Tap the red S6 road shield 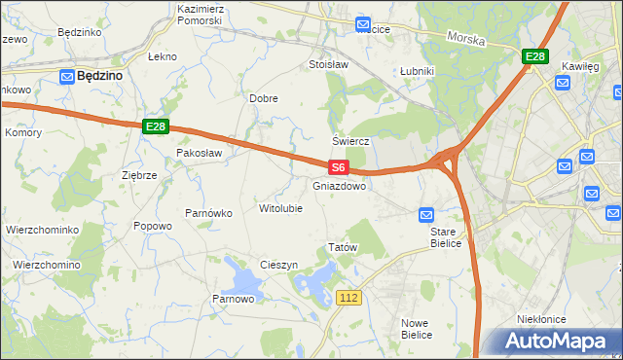pos(338,167)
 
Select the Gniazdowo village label pos(340,185)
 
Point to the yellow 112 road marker pos(351,296)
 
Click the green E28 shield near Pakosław pos(156,126)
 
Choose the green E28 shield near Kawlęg pos(534,57)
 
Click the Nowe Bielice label pos(417,328)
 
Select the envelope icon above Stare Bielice pos(426,214)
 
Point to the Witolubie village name pos(280,208)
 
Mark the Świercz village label pos(353,140)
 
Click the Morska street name pos(465,38)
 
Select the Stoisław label pos(328,65)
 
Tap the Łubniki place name pos(417,71)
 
